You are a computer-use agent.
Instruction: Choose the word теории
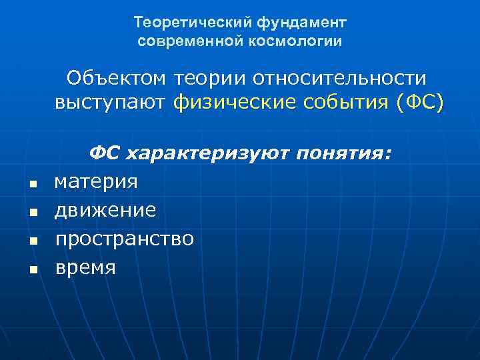click(209, 79)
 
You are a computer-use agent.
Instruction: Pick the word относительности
click(339, 79)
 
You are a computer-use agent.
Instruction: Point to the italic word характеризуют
click(206, 154)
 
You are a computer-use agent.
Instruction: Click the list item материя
click(96, 182)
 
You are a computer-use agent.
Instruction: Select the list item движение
click(105, 210)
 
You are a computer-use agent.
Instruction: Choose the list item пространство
click(124, 239)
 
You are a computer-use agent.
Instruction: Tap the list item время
click(85, 267)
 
